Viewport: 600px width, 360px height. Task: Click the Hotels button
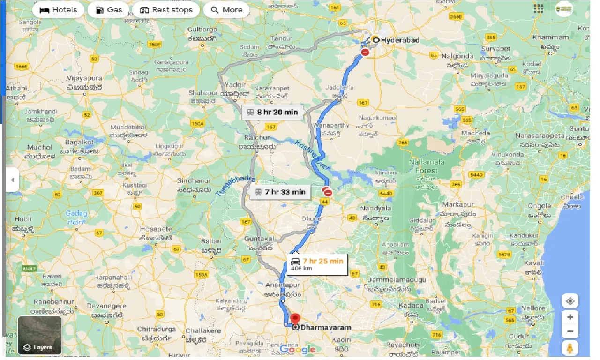tap(58, 10)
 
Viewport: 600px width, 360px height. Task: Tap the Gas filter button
tap(109, 10)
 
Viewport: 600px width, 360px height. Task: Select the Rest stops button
tap(166, 10)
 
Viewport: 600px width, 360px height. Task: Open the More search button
tap(226, 10)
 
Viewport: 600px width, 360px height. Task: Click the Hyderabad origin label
tap(399, 40)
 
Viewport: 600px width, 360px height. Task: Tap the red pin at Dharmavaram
tap(295, 318)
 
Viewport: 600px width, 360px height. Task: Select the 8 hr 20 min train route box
tap(272, 112)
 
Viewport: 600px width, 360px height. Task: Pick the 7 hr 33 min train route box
tap(280, 192)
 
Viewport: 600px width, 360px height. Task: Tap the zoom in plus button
tap(570, 317)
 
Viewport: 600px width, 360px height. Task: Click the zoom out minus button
tap(570, 332)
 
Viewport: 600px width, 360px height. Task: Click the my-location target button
tap(570, 300)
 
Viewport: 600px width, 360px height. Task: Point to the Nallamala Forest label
tap(426, 166)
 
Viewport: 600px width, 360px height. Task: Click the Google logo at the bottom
tap(298, 350)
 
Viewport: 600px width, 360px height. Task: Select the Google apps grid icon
tap(539, 9)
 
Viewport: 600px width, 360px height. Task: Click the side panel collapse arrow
tap(12, 180)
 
